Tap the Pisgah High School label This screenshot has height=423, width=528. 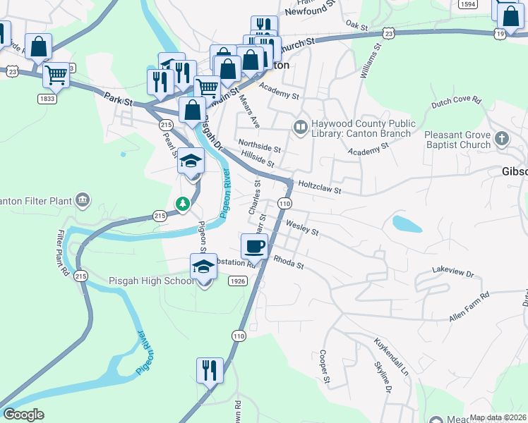coord(151,281)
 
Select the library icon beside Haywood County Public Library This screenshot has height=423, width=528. coord(300,127)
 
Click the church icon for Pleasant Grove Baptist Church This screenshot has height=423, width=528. coord(502,137)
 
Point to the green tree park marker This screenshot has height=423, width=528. coord(184,204)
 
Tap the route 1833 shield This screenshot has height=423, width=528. coord(47,99)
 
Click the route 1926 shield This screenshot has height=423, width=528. coord(237,281)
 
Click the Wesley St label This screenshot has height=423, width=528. coord(302,228)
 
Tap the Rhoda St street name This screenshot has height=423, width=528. coord(288,263)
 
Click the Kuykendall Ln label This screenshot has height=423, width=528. coord(392,357)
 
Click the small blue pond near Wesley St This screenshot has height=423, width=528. coord(407,224)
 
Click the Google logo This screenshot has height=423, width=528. coord(23,415)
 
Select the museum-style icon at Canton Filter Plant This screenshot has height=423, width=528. coord(84,200)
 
